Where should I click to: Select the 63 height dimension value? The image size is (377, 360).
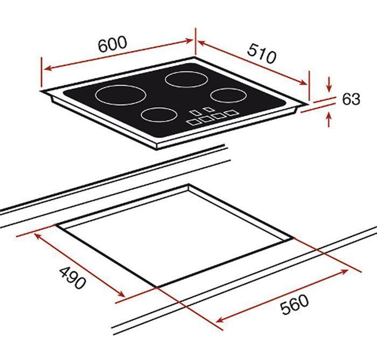[350, 100]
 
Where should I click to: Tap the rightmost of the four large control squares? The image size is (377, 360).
[231, 113]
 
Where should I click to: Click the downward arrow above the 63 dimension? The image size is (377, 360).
[329, 87]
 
